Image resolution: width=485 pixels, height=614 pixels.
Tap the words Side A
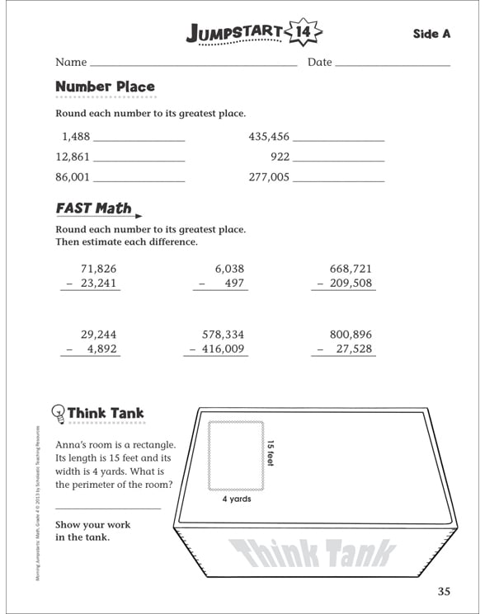pos(431,34)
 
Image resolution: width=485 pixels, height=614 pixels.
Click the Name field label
pos(71,63)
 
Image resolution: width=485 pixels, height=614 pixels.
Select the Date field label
pos(319,63)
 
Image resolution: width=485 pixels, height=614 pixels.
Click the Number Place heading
pos(105,87)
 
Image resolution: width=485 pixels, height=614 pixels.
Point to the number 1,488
pos(75,137)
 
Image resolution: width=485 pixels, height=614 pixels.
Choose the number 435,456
pos(269,137)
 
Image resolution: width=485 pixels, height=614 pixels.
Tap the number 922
pos(280,157)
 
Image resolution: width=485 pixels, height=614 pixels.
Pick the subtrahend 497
pos(234,284)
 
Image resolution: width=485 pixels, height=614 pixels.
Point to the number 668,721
pos(351,269)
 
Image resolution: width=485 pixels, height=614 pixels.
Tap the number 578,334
pos(223,335)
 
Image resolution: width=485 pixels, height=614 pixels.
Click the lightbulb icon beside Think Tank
pos(59,413)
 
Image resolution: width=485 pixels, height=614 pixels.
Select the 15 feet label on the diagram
pos(269,453)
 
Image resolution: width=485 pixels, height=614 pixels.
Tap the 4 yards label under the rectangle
pos(237,499)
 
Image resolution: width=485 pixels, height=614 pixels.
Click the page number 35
pos(445,590)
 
